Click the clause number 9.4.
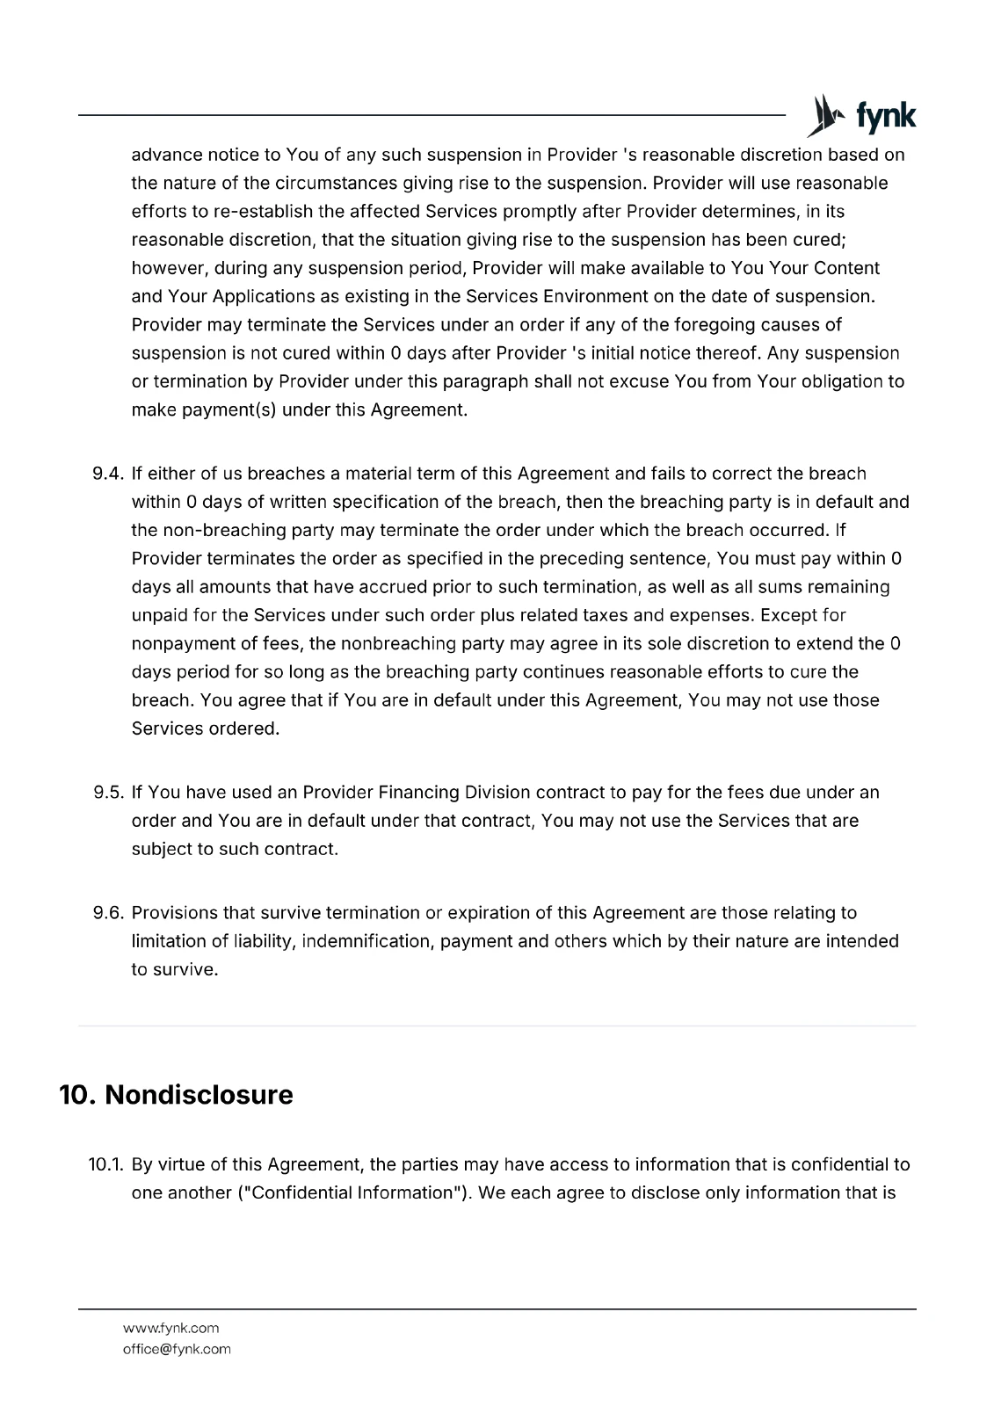click(x=110, y=474)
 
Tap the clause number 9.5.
click(x=110, y=793)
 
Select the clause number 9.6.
click(x=110, y=913)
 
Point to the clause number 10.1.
click(x=107, y=1164)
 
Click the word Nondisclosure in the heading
click(x=199, y=1095)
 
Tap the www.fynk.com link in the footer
click(x=171, y=1328)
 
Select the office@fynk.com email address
click(x=177, y=1349)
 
